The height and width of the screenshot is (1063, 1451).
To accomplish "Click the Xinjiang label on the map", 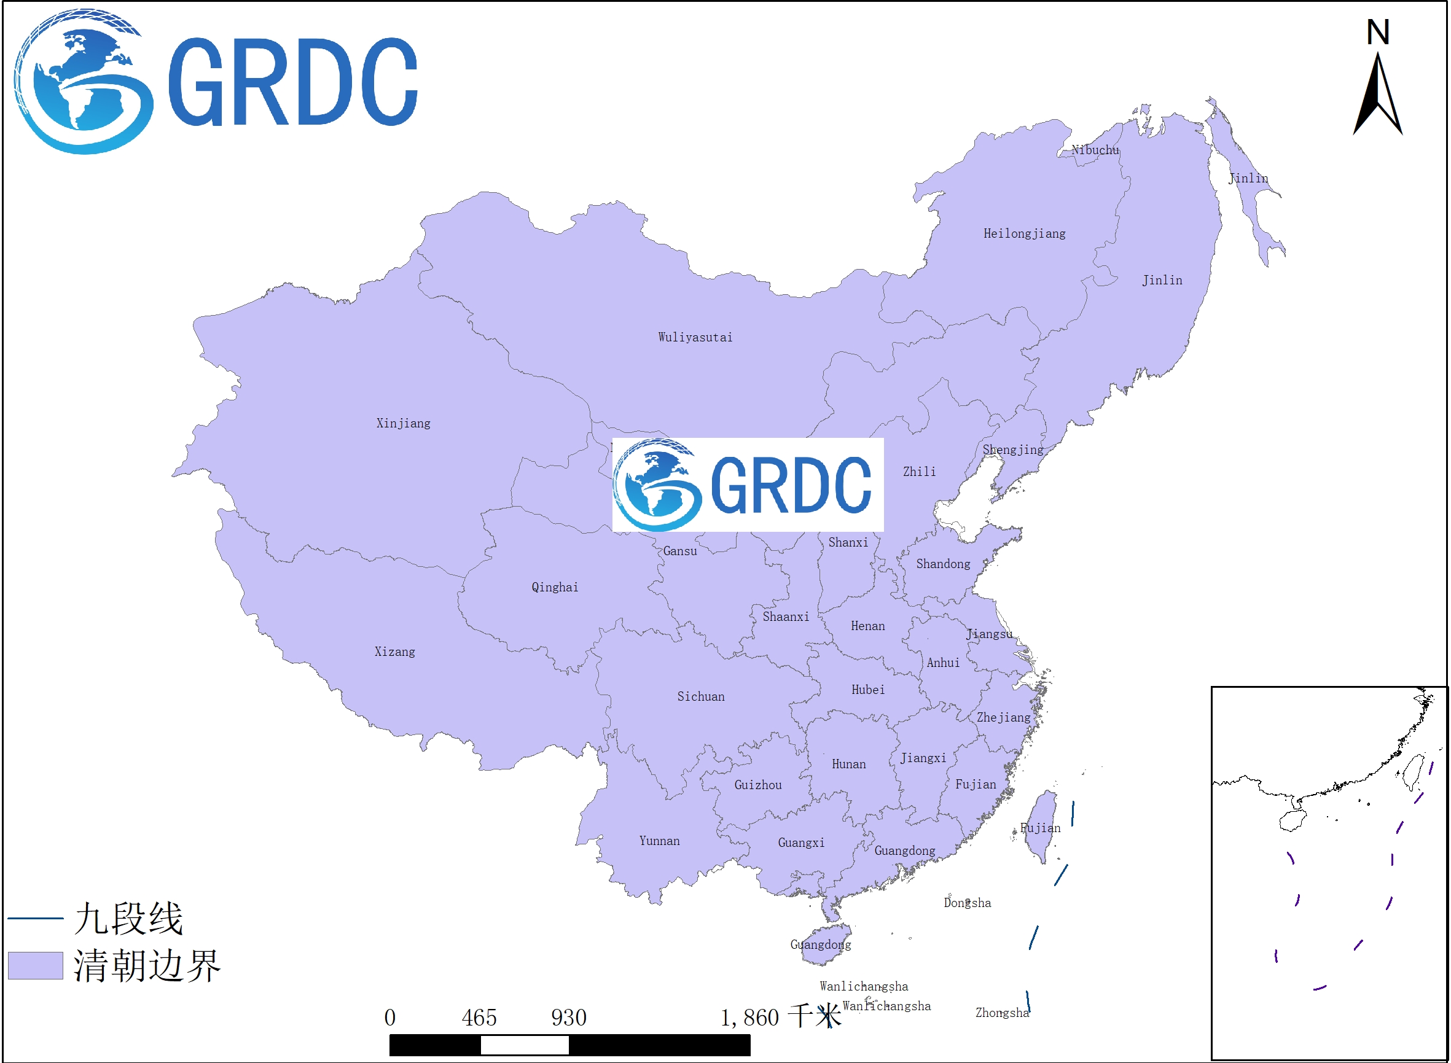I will (403, 423).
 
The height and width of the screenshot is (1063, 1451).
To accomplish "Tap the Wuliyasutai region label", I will (695, 337).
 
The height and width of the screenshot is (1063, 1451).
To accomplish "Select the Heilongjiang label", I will (1024, 233).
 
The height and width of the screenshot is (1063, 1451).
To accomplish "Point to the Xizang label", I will (394, 652).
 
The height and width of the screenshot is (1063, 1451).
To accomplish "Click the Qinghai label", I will (555, 587).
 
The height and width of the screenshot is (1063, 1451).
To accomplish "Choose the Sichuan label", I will (700, 696).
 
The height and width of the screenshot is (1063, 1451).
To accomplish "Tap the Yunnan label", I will (659, 840).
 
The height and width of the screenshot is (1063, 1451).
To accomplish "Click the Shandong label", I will (943, 564).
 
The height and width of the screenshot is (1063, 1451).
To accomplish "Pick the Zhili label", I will (919, 472).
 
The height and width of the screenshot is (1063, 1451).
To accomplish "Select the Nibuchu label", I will (1095, 150).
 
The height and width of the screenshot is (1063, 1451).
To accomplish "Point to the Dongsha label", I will (967, 903).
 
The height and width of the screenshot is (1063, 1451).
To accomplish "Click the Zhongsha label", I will (1002, 1013).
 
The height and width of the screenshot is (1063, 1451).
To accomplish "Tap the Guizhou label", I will (757, 785).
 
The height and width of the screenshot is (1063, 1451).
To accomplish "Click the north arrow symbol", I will (1378, 96).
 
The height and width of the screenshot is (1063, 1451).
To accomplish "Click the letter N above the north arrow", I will (1378, 32).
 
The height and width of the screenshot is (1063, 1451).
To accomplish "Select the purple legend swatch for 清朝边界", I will (36, 965).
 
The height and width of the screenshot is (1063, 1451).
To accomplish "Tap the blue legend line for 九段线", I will (36, 918).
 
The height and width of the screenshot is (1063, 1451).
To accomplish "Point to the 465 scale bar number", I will (479, 1018).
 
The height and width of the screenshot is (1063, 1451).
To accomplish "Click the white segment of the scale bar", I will (525, 1045).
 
